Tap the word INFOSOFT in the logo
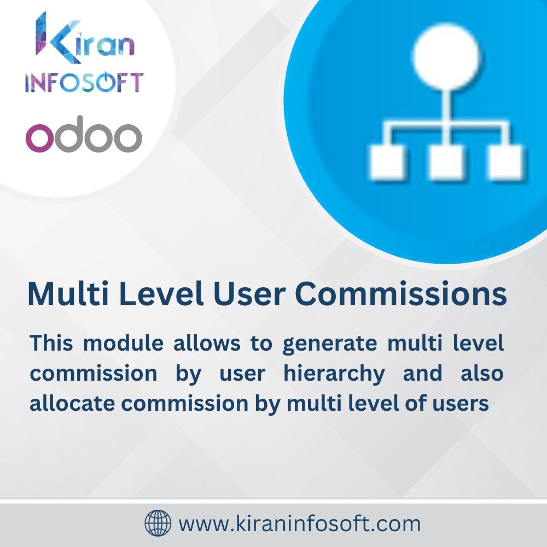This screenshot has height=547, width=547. click(x=84, y=82)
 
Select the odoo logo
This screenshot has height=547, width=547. click(x=84, y=134)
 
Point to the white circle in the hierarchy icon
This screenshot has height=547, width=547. click(x=447, y=56)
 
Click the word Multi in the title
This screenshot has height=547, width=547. click(x=61, y=294)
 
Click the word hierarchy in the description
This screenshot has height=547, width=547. click(x=334, y=374)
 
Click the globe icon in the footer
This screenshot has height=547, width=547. click(x=158, y=523)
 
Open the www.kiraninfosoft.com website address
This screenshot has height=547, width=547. click(x=300, y=523)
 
